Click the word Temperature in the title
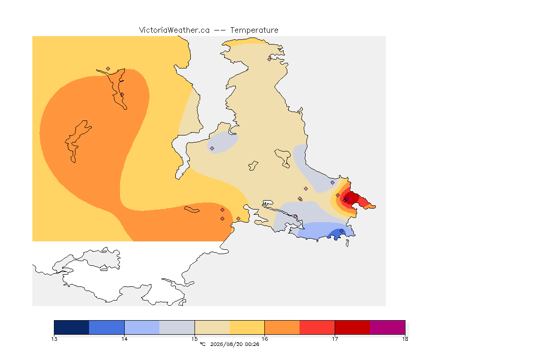coord(254,30)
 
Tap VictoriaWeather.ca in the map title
coord(174,30)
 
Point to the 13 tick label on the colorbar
coord(54,339)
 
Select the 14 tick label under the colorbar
coord(124,339)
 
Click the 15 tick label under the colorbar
coord(195,339)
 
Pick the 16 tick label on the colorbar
coord(264,339)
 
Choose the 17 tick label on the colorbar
coord(335,339)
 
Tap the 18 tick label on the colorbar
coord(405,339)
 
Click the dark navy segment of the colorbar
coord(72,327)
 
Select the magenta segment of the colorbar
coord(388,327)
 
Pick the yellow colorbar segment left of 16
coord(247,327)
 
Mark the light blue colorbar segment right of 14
coord(142,327)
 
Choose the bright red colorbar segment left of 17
coord(317,327)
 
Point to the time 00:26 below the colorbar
coord(252,344)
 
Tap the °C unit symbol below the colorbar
coord(202,344)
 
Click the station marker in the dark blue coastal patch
coord(341,231)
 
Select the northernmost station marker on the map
coord(270,59)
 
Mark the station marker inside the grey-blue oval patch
coord(212,149)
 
